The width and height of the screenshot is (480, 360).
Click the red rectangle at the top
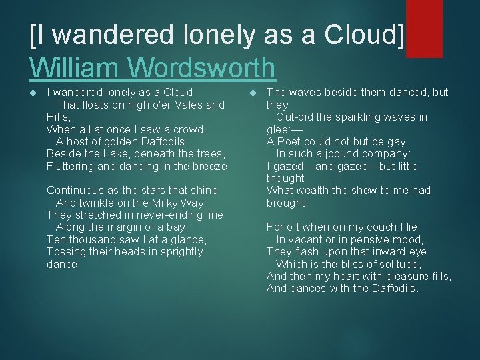tap(425, 29)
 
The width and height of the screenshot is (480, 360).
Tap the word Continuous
tap(74, 191)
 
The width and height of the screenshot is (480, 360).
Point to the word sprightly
tap(177, 252)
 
